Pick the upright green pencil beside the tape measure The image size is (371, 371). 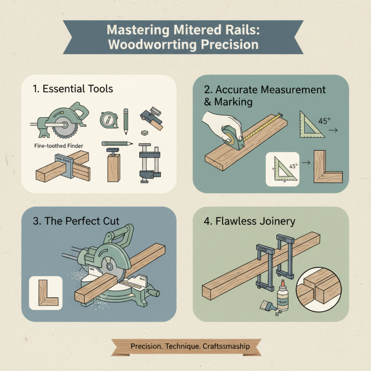point(125,118)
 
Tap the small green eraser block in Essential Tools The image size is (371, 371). point(145,133)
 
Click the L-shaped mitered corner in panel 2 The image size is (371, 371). point(327,167)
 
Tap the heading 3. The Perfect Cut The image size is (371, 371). point(73,221)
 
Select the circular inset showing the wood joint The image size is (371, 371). point(321,290)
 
